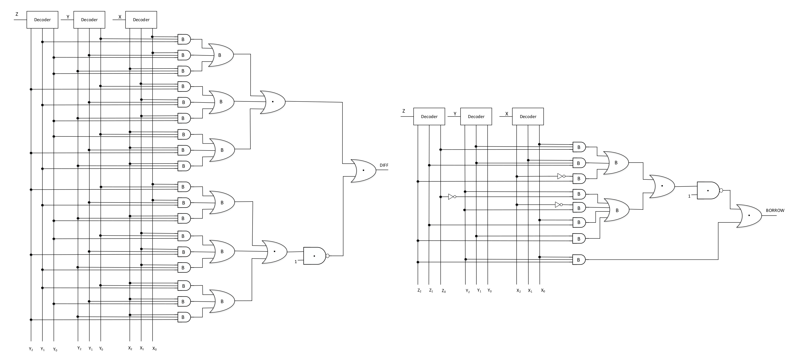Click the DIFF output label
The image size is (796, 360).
coord(384,165)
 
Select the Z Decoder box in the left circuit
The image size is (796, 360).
coord(42,20)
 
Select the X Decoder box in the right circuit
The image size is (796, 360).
coord(528,117)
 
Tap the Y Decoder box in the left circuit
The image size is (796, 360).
coord(89,20)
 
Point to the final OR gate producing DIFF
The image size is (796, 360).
coord(363,171)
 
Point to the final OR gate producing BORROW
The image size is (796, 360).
coord(748,216)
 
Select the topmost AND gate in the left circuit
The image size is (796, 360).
coord(184,39)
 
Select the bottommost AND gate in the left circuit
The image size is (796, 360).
coord(184,317)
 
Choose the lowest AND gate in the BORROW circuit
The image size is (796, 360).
coord(579,260)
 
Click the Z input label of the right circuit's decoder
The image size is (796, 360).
coord(404,111)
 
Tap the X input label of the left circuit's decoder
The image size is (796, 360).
coord(120,17)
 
